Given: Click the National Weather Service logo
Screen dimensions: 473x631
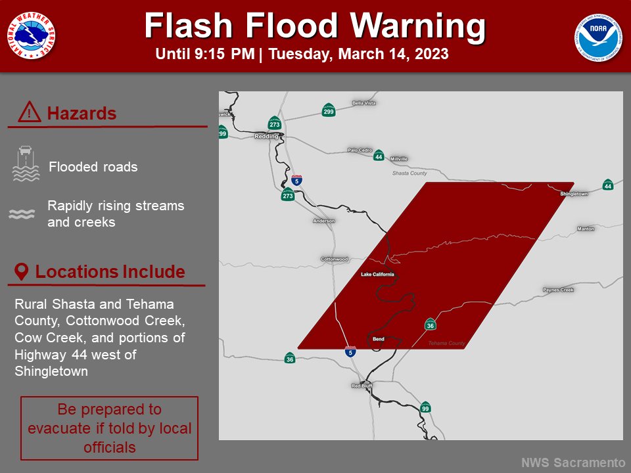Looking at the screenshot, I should [32, 35].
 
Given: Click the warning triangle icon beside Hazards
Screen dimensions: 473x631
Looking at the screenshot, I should [30, 113].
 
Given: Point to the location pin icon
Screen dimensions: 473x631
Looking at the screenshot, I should [22, 272].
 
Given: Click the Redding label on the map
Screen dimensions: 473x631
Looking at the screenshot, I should [266, 136].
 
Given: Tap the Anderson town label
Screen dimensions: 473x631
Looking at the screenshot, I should [324, 221].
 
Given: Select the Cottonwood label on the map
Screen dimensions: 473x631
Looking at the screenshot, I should [334, 259].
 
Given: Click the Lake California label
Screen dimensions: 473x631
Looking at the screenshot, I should [378, 274].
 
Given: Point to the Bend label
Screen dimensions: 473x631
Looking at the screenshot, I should [378, 339].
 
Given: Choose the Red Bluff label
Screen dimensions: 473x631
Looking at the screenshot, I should [362, 385].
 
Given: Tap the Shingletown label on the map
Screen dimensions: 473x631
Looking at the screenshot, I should [574, 194].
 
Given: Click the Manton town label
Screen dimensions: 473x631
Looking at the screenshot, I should [585, 229].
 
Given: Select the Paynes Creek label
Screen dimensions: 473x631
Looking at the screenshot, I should [558, 290].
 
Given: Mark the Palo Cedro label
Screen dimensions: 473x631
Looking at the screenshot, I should [360, 150].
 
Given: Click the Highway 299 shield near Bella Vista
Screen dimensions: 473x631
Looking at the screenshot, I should [329, 110].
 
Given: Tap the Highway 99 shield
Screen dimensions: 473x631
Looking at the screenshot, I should [425, 407].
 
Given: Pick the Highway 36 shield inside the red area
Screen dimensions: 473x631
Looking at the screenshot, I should [431, 324].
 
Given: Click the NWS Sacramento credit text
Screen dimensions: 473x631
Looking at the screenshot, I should [573, 462].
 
